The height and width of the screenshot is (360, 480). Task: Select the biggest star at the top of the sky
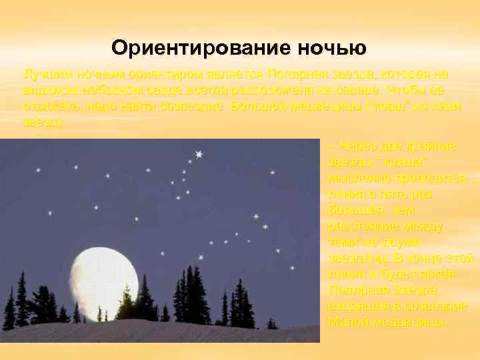[199, 155]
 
